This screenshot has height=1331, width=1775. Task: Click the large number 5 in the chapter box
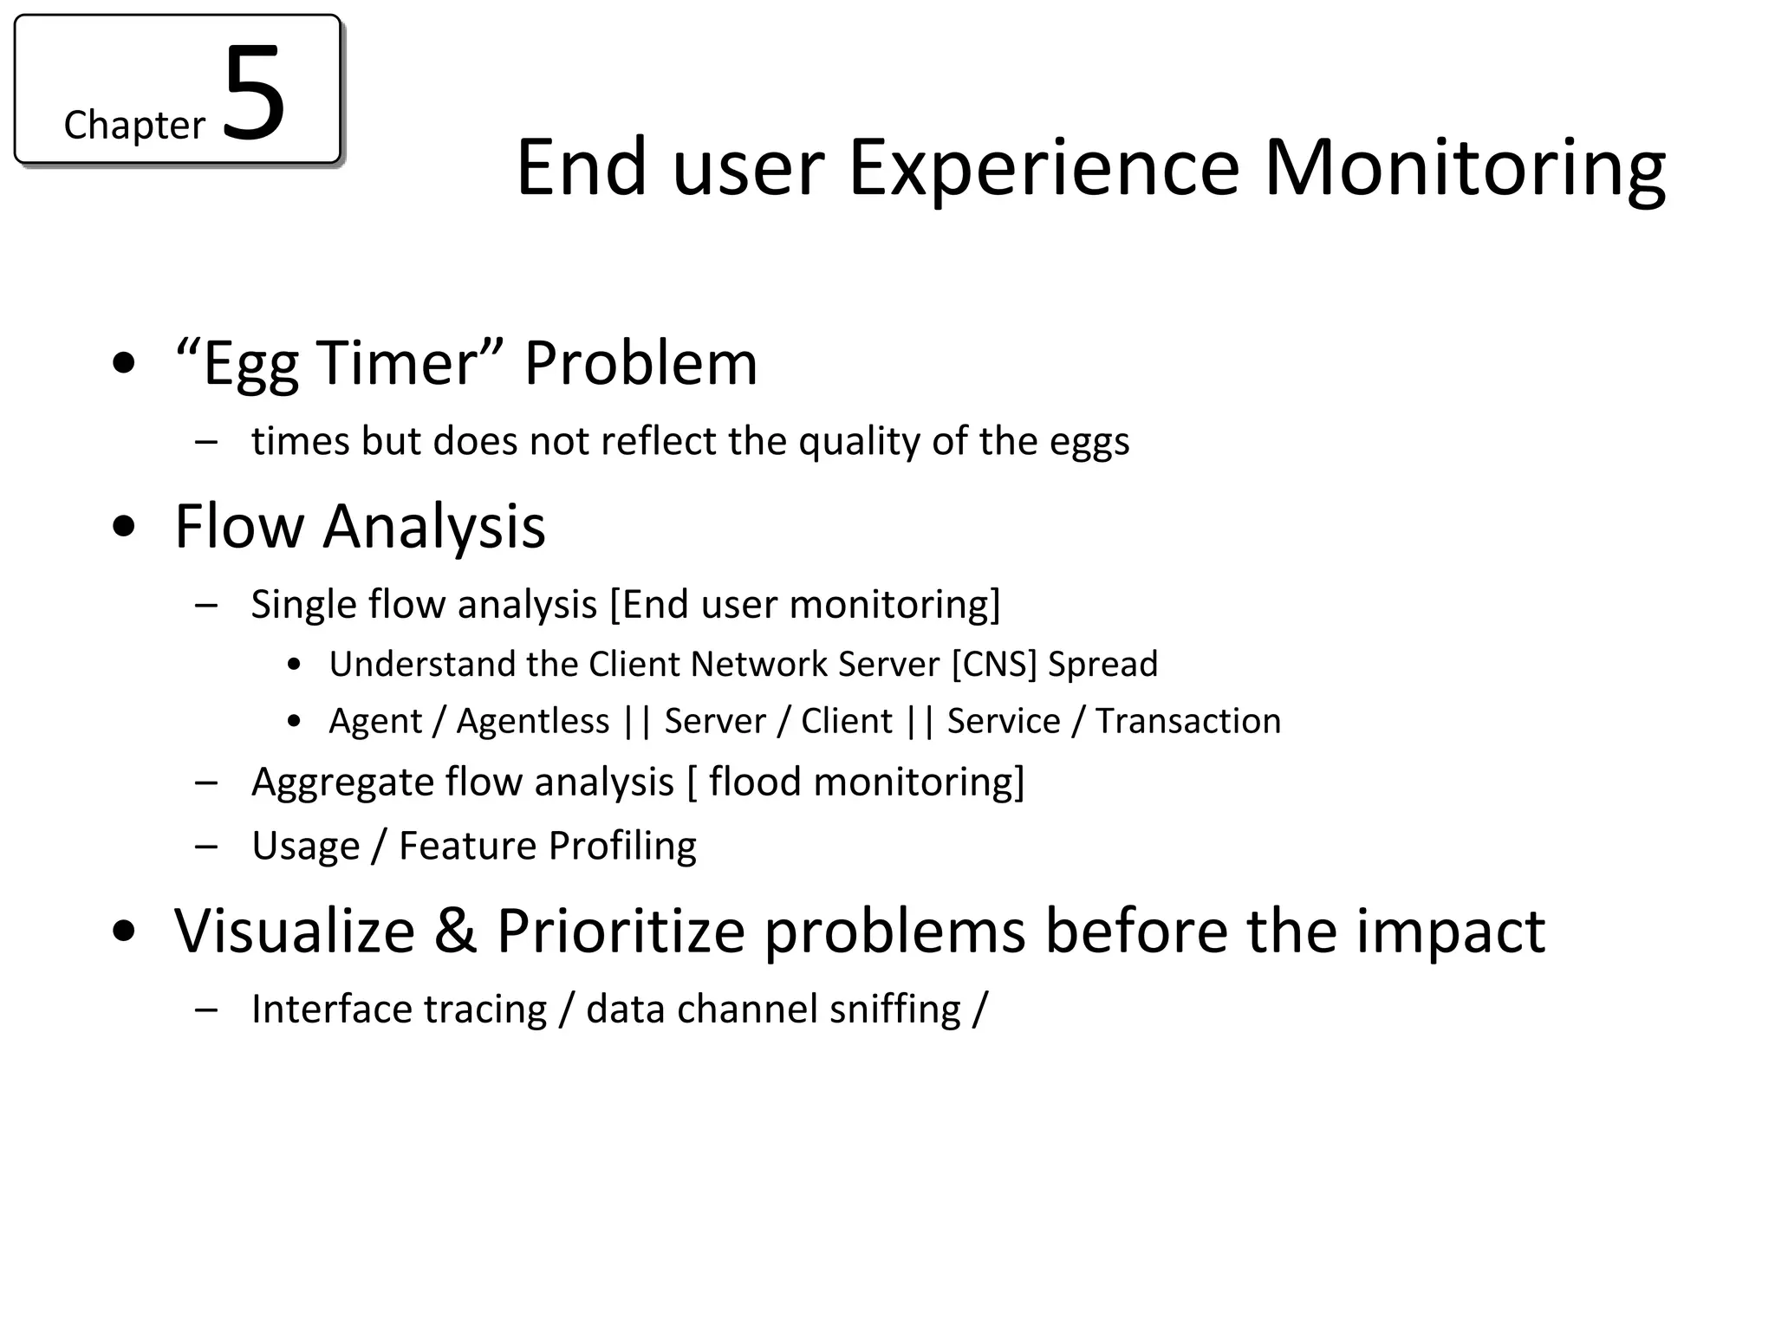click(x=254, y=94)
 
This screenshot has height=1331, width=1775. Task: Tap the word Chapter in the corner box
click(x=134, y=126)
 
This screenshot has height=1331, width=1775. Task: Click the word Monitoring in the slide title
click(x=1464, y=169)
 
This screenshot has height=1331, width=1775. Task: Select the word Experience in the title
click(x=1044, y=167)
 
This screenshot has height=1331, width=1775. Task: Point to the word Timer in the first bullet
click(x=396, y=362)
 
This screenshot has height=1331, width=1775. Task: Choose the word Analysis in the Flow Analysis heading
click(x=434, y=527)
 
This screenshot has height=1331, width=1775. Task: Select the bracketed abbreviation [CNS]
click(x=994, y=665)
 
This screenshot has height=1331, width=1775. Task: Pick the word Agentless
click(x=533, y=722)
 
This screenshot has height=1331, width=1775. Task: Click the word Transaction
click(x=1188, y=721)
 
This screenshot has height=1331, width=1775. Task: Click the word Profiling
click(x=622, y=847)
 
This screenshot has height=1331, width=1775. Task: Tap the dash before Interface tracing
click(x=206, y=1010)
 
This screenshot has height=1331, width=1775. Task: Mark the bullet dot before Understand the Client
click(x=296, y=665)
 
